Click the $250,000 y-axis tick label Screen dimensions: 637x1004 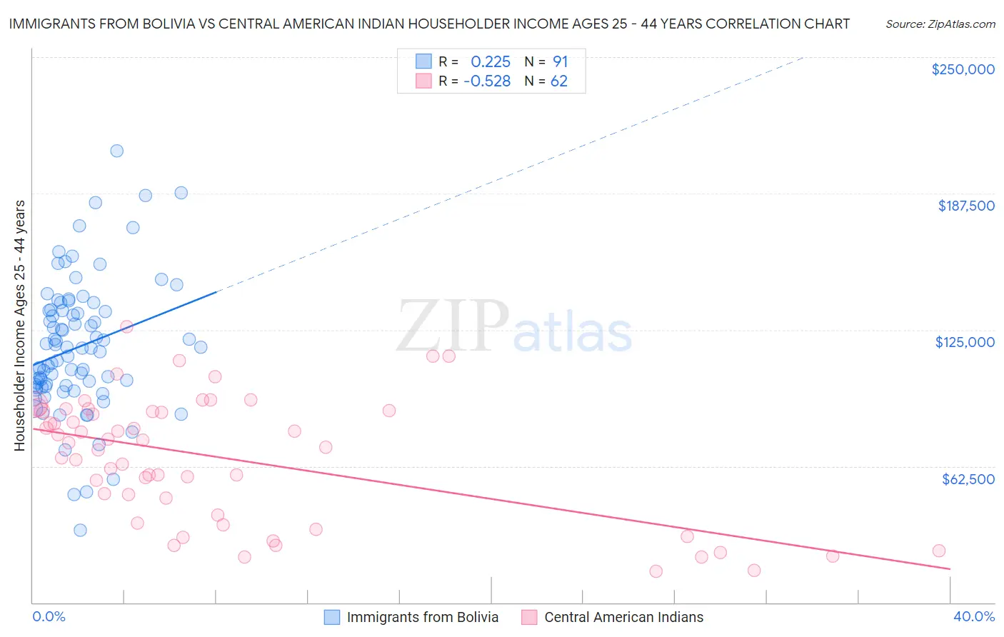963,69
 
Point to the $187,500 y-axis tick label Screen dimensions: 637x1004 965,206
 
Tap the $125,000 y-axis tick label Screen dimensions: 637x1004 965,342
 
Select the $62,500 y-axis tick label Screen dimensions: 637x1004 968,479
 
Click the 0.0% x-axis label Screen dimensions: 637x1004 49,616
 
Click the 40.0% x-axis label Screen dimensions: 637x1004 973,616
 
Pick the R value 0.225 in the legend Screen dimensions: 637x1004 491,62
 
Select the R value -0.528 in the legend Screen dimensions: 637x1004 487,81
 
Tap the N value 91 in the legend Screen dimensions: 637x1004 560,62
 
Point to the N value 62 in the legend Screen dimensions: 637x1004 558,81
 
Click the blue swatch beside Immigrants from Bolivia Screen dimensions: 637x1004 332,617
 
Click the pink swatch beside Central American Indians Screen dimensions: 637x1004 529,617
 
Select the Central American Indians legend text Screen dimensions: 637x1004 623,617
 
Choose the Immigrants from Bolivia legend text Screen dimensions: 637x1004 423,617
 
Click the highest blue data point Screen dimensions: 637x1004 116,151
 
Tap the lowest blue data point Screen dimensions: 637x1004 80,530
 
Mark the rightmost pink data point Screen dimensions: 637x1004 939,551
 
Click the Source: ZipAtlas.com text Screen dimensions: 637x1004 940,24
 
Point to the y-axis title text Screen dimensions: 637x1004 19,326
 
